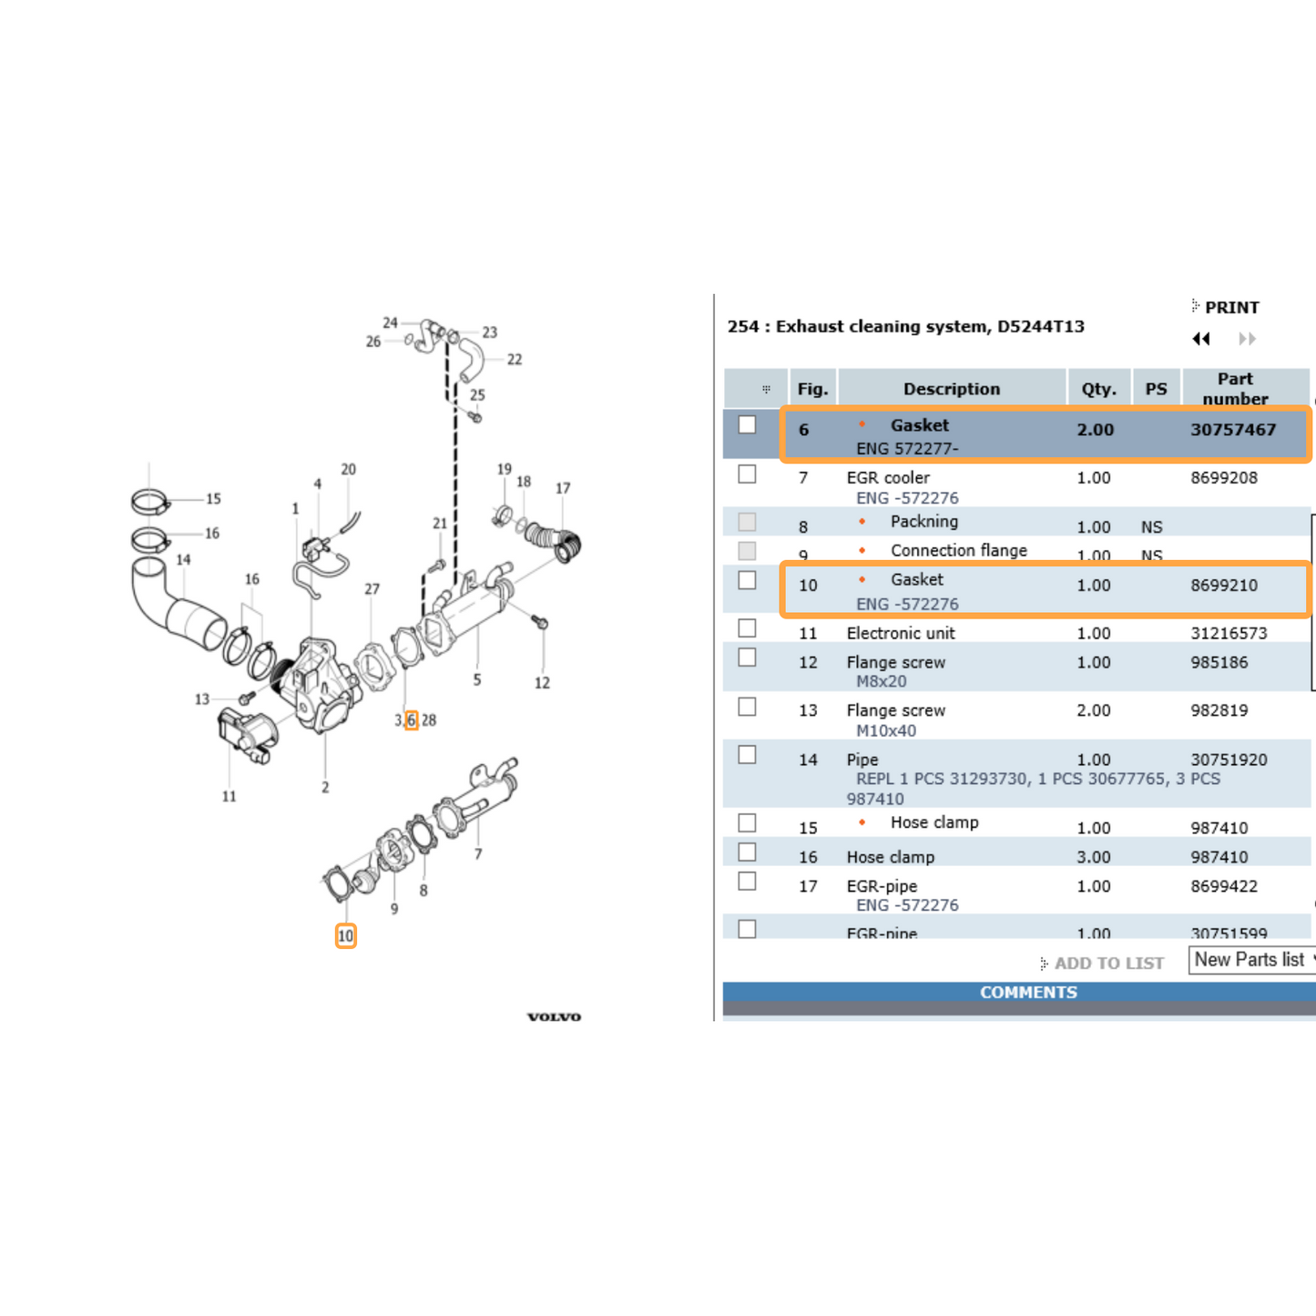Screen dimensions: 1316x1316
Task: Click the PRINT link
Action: click(1230, 308)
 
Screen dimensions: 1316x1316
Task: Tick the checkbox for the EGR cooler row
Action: click(747, 474)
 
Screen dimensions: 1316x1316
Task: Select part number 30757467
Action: click(1232, 430)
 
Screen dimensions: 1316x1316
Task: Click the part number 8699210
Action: click(1223, 586)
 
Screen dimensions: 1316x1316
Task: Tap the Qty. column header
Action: click(1098, 389)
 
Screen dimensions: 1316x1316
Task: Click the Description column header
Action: click(951, 389)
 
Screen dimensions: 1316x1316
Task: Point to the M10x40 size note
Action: click(885, 730)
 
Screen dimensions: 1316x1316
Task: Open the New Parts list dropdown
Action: click(1252, 960)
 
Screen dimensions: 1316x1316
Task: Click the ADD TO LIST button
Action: click(1107, 964)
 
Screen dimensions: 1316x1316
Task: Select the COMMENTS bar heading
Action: click(1027, 993)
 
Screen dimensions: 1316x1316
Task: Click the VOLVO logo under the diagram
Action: click(554, 1016)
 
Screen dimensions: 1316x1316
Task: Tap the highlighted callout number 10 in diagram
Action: click(345, 936)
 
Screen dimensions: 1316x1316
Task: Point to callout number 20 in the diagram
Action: click(348, 469)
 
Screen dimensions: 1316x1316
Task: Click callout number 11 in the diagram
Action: click(229, 796)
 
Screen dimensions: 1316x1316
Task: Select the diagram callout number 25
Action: click(477, 395)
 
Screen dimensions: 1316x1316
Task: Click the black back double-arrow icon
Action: click(1201, 339)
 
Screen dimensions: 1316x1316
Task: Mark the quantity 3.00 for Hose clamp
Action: click(1093, 857)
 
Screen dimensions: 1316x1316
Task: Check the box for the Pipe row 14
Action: click(747, 755)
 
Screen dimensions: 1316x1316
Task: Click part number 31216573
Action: click(1229, 633)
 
